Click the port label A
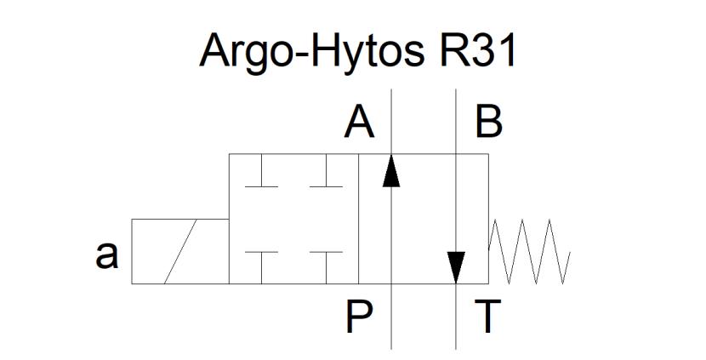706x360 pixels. (x=359, y=124)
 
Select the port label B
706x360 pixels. (x=489, y=124)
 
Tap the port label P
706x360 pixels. (x=359, y=317)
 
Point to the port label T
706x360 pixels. (x=488, y=317)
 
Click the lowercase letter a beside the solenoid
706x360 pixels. (x=107, y=254)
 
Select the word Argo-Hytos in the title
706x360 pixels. (x=311, y=52)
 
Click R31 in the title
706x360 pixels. (x=478, y=51)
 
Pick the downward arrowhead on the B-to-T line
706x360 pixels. (x=456, y=267)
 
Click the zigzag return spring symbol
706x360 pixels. (x=529, y=251)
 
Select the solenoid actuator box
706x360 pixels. (x=180, y=251)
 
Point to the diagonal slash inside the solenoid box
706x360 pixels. (x=180, y=251)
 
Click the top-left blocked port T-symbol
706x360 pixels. (x=262, y=170)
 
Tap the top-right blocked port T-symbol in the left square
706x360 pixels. (x=327, y=170)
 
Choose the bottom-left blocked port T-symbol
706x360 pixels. (x=262, y=267)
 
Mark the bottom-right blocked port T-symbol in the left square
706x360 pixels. (x=327, y=267)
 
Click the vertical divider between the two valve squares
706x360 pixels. (x=359, y=219)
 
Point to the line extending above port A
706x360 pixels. (x=391, y=122)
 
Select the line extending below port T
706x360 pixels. (x=456, y=317)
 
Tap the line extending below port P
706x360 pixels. (x=391, y=317)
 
